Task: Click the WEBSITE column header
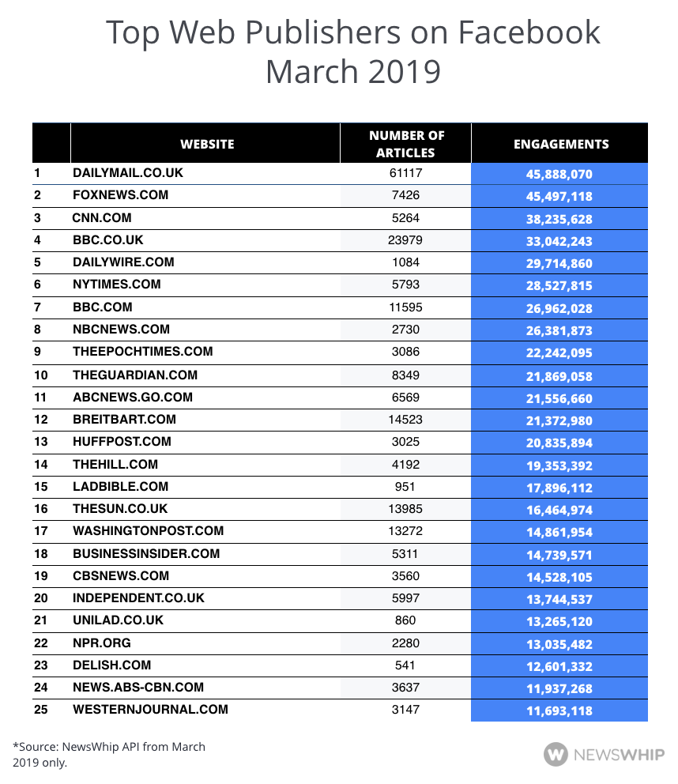click(207, 144)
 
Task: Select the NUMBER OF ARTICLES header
click(407, 144)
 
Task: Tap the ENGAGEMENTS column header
click(561, 144)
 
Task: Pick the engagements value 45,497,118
click(559, 196)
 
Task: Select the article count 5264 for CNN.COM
click(405, 218)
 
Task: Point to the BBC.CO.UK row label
click(107, 240)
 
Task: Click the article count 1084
click(405, 262)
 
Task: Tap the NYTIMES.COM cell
click(116, 285)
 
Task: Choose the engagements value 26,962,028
click(559, 308)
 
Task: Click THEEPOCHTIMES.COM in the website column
click(142, 352)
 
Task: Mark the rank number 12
click(41, 420)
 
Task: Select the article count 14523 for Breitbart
click(405, 420)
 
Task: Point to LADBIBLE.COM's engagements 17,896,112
click(559, 488)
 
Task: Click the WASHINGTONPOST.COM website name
click(148, 531)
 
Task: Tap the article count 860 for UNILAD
click(405, 620)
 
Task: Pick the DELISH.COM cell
click(111, 665)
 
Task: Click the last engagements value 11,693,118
click(559, 711)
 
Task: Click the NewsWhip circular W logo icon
click(556, 754)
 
